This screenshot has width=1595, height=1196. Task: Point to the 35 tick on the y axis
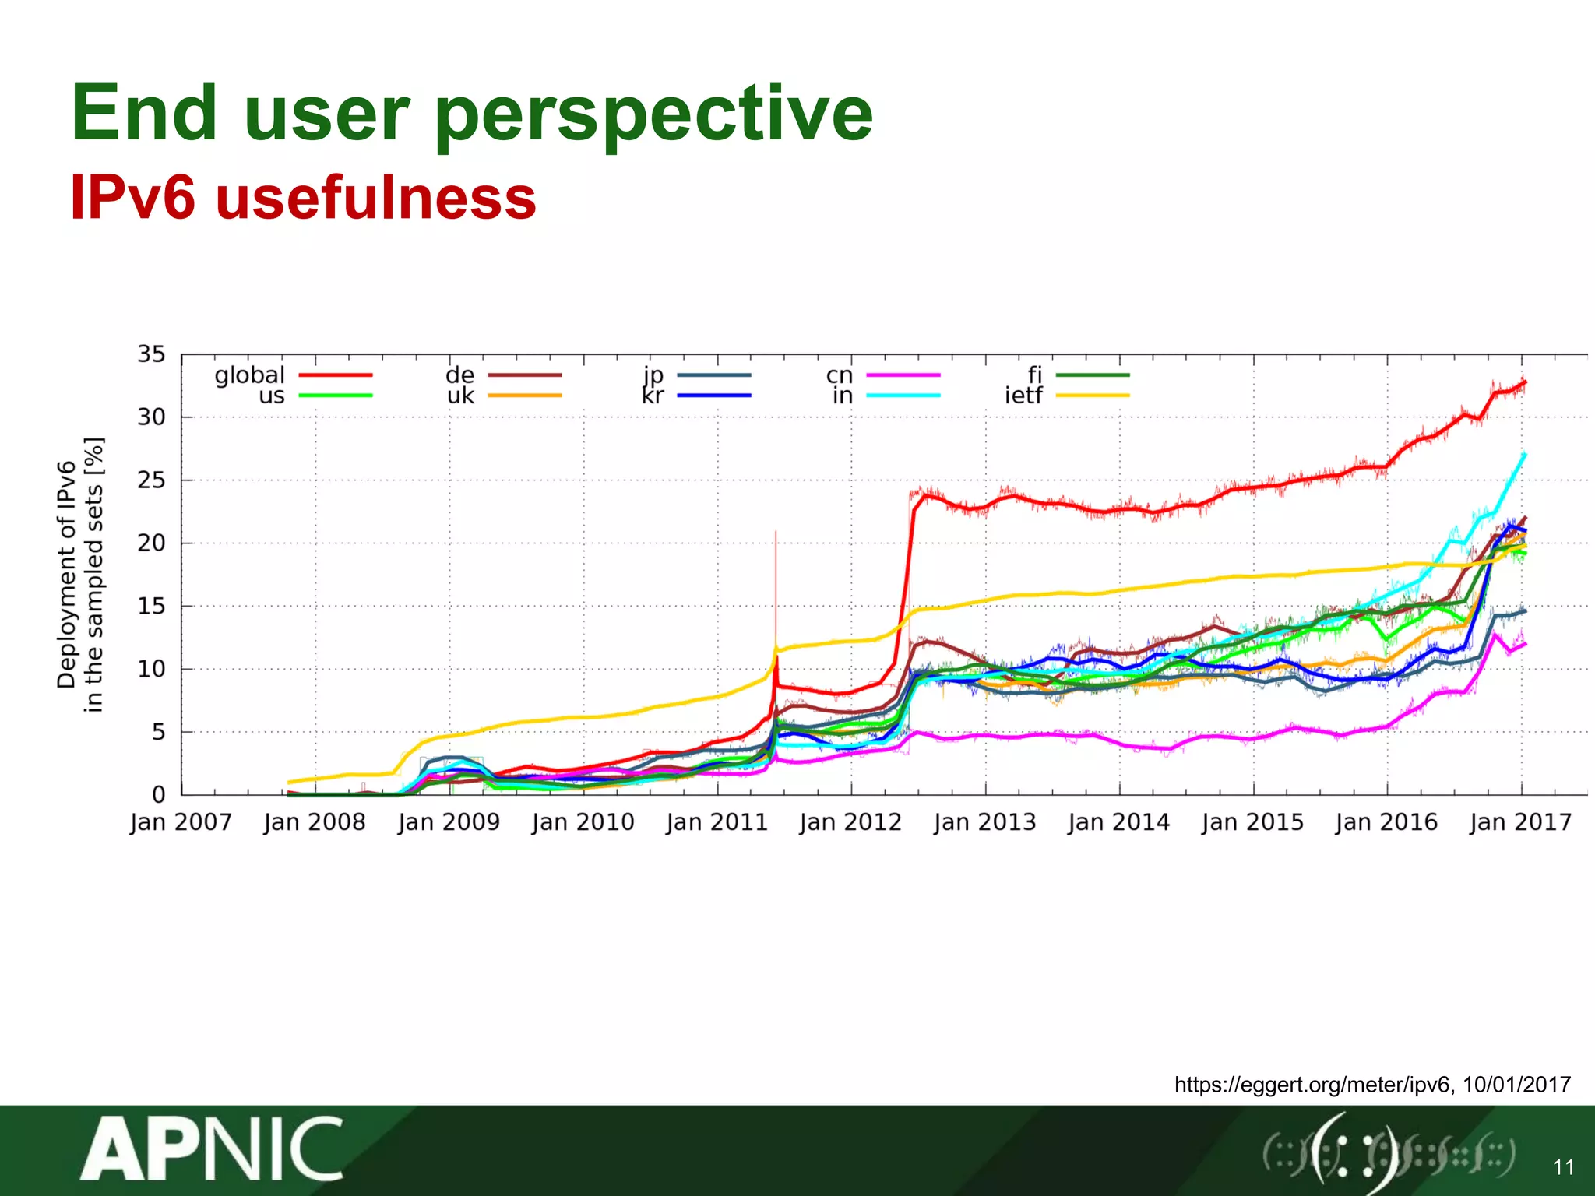152,355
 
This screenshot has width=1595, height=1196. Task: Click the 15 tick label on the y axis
152,607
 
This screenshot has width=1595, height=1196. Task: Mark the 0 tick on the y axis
159,795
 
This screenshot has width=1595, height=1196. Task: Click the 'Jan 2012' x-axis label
850,822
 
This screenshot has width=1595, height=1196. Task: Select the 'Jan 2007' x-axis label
181,822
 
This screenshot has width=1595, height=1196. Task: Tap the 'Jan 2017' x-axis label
1520,822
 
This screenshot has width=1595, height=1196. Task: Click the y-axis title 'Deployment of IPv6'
67,574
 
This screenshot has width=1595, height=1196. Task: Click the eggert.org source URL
1313,1085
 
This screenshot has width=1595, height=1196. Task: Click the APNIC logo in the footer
211,1149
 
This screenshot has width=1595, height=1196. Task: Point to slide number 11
1563,1166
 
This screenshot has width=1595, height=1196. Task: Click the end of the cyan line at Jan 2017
1524,455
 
